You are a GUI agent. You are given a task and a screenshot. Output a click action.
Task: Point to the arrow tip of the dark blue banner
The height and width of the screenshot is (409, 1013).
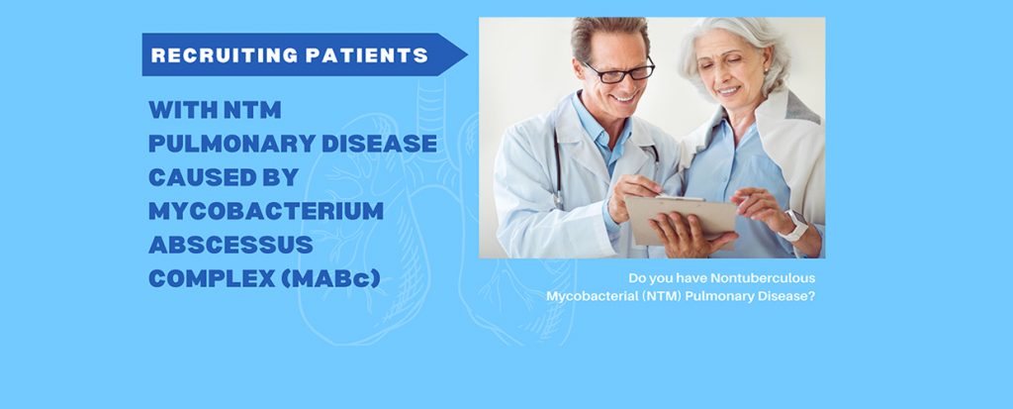(467, 54)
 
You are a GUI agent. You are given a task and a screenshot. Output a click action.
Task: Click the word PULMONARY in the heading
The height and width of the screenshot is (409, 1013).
(231, 144)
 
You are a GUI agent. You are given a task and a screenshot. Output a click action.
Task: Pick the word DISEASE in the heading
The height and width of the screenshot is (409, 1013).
(380, 144)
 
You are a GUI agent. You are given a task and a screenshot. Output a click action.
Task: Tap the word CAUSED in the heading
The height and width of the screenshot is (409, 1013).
(200, 177)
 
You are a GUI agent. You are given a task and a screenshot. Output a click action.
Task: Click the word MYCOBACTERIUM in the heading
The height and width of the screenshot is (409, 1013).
(266, 211)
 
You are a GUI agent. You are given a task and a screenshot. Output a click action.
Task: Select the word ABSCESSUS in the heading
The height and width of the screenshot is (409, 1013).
(231, 245)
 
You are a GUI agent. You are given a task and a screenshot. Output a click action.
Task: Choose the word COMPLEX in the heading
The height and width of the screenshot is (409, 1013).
(212, 278)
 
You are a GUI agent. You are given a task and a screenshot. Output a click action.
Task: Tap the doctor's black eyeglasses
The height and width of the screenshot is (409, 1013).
(619, 70)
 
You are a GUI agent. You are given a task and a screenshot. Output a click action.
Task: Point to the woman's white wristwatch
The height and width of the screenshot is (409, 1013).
(795, 226)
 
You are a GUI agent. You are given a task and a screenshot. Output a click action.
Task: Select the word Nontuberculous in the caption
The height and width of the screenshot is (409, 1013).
(763, 278)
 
